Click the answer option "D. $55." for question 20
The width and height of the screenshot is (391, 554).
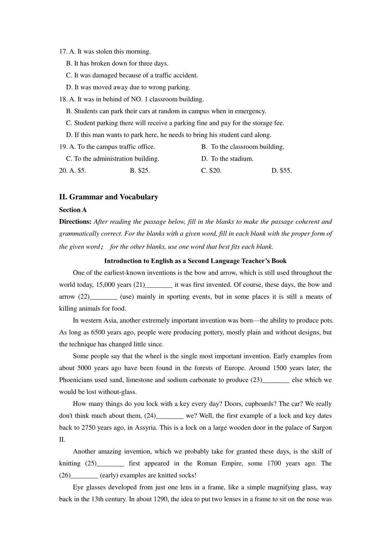coord(282,171)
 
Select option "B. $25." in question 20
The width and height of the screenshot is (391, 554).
coord(140,171)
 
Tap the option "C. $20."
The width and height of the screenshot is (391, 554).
coord(211,171)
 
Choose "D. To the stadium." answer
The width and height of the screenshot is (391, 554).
coord(227,159)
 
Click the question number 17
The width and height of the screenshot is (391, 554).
coord(63,52)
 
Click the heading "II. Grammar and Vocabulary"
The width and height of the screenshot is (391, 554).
coord(109,197)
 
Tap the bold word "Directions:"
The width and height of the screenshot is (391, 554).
coord(75,222)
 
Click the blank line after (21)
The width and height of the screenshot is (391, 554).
coord(159,285)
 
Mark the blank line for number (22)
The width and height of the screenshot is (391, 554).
coord(103,297)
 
